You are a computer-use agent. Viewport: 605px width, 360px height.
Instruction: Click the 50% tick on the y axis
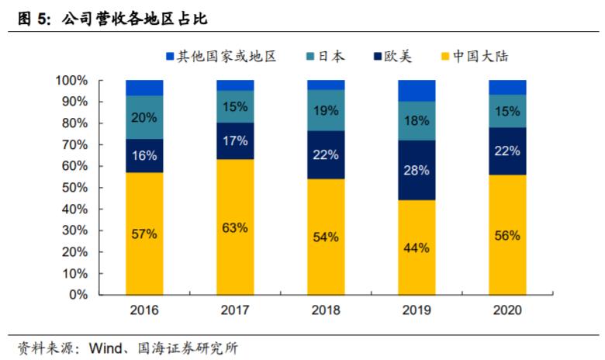74,188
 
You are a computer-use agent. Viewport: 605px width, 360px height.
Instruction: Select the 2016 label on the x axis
144,310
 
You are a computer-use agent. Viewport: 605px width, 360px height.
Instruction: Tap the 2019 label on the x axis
417,310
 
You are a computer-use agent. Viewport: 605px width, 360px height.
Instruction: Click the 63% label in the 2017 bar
235,227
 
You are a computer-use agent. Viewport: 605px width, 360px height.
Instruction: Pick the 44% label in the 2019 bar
417,247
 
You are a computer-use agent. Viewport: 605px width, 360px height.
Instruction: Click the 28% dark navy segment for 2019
417,171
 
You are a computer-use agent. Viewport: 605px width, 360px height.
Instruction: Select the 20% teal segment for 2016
144,118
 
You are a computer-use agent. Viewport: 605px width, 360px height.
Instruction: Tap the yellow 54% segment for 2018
326,237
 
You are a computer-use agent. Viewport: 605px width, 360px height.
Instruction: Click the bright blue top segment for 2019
417,91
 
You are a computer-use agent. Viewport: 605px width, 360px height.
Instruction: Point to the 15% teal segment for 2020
507,111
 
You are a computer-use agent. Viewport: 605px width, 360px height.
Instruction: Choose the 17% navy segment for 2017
235,141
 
